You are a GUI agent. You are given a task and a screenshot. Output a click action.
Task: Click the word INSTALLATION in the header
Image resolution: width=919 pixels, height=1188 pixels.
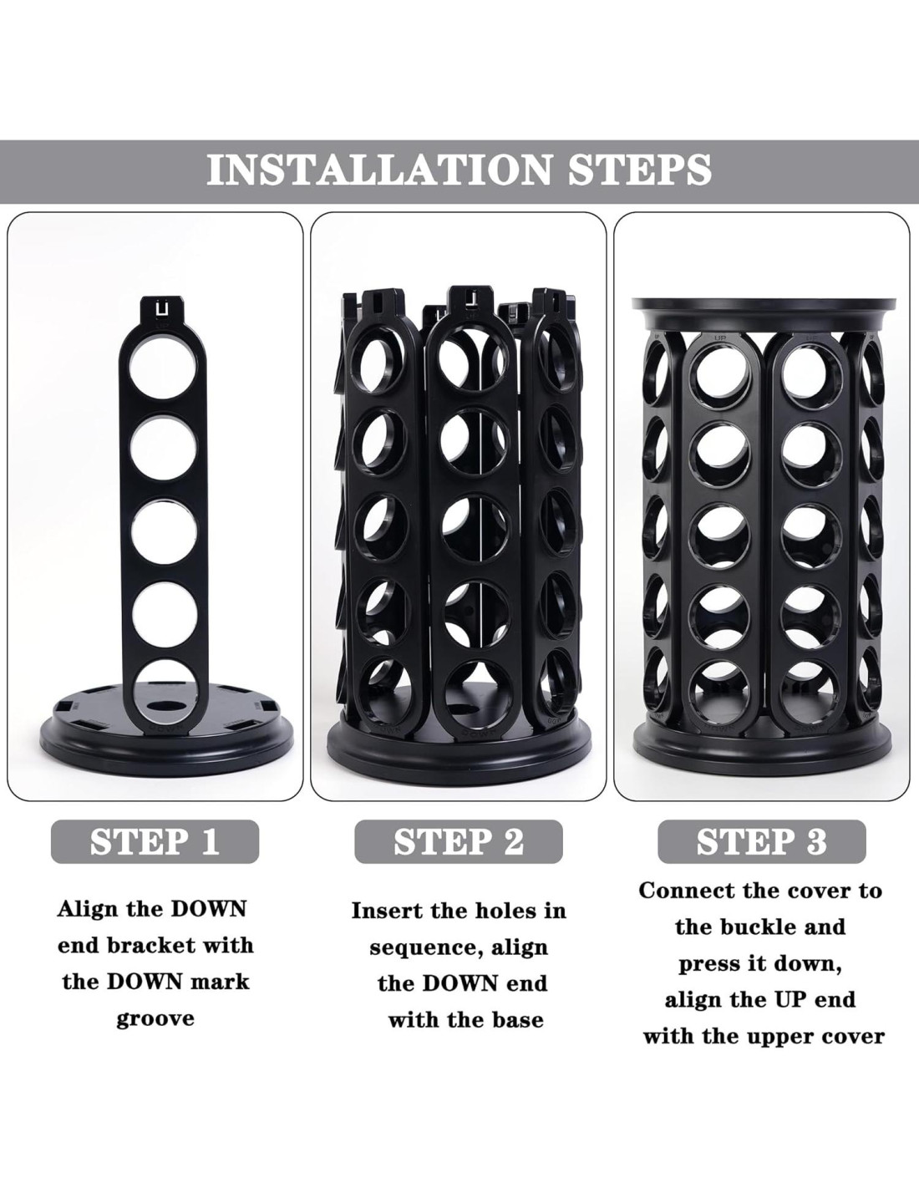378,170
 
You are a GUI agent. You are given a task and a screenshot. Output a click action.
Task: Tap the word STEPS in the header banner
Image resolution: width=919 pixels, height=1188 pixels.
639,170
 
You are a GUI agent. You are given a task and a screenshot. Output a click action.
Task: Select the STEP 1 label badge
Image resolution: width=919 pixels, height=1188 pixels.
155,841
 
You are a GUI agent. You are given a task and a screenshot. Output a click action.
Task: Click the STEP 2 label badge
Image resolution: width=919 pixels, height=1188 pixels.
459,841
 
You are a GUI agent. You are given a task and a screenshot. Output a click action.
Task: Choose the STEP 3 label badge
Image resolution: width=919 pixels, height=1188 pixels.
762,841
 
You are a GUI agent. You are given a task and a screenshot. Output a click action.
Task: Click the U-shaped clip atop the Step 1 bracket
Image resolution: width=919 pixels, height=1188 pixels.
162,310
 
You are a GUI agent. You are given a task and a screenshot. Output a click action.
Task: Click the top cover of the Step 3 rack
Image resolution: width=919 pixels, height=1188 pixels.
764,313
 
